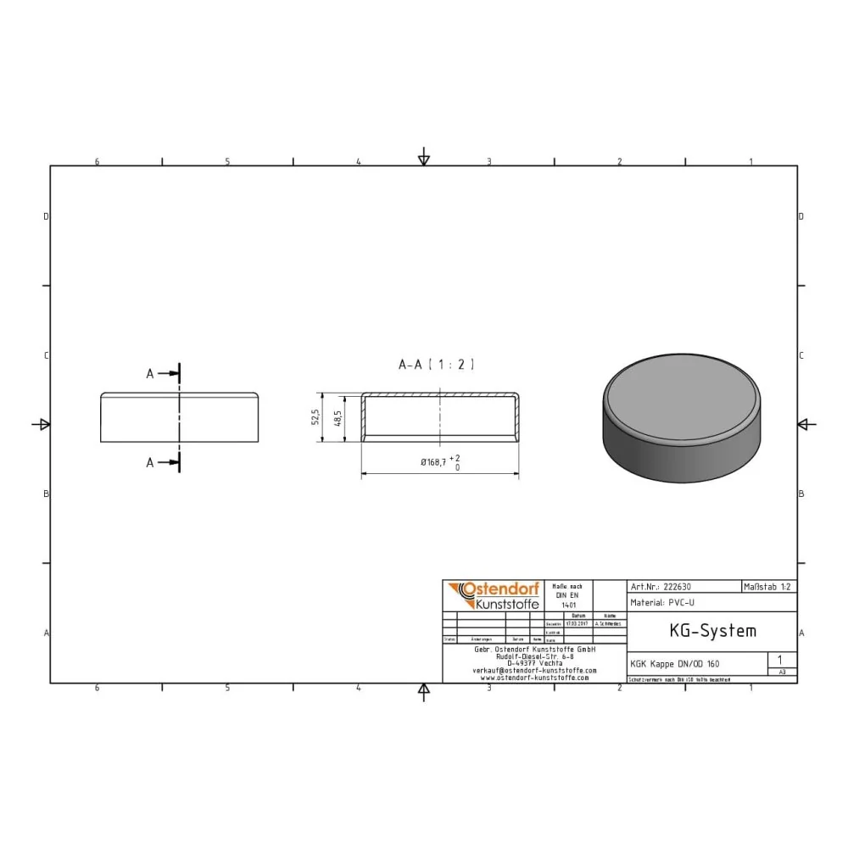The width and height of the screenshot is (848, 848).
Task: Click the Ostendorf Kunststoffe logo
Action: tap(492, 596)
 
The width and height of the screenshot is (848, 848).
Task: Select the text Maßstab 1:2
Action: tap(768, 586)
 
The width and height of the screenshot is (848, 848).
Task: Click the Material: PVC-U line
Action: tap(664, 602)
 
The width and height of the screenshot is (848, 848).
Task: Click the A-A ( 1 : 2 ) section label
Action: tap(436, 365)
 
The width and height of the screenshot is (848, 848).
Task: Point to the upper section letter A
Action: tap(150, 373)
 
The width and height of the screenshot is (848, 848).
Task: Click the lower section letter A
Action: tap(150, 462)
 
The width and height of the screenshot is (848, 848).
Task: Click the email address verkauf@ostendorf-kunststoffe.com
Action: tap(534, 670)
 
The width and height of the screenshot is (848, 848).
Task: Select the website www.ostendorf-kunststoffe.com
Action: tap(534, 678)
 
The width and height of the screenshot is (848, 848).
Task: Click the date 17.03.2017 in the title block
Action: tap(578, 623)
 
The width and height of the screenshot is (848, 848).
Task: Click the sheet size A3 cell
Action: tap(782, 672)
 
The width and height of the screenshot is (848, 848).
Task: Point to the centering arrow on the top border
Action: tap(424, 159)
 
